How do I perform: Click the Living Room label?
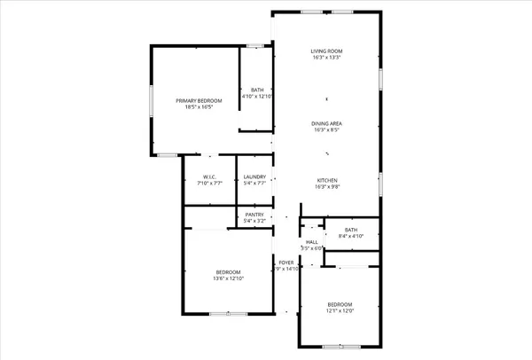click(x=326, y=51)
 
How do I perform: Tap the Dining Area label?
click(x=326, y=123)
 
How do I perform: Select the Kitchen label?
click(x=326, y=180)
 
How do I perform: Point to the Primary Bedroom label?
click(x=197, y=101)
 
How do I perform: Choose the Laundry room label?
click(x=254, y=176)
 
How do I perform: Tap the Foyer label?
click(x=286, y=262)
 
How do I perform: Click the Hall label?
click(x=311, y=241)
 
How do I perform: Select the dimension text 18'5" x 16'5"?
click(x=197, y=108)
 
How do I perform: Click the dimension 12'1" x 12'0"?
click(x=340, y=310)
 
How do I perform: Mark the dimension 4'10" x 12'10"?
click(x=257, y=96)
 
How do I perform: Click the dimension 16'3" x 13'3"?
click(x=326, y=59)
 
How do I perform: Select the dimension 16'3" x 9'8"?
click(x=326, y=187)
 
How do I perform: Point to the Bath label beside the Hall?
click(x=351, y=231)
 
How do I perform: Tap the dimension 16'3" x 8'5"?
click(x=326, y=130)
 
